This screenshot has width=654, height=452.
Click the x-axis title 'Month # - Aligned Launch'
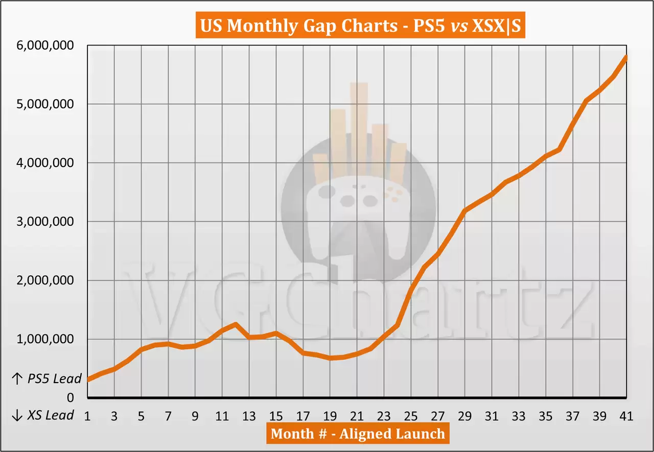358,434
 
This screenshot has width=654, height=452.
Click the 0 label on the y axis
71,398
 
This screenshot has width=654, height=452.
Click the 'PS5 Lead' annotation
46,379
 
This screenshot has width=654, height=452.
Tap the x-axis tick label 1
87,416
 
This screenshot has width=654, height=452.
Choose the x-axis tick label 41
626,416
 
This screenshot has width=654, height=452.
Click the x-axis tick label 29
465,416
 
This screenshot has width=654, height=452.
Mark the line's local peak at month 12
236,324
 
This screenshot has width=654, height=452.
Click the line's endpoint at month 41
626,57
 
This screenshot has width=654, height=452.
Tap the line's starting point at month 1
88,379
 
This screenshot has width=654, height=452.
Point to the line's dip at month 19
330,358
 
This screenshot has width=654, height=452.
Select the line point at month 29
464,210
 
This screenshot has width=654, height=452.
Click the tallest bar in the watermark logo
359,128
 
